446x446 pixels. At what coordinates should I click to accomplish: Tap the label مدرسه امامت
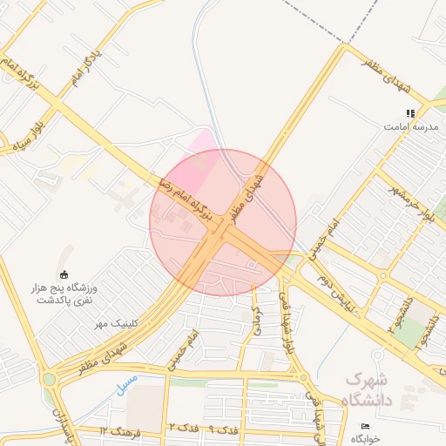point(411,127)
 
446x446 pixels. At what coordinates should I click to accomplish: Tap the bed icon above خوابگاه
point(365,426)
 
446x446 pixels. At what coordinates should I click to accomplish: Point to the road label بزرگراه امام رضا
point(188,206)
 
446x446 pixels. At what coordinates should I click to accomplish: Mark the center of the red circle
point(223,223)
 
